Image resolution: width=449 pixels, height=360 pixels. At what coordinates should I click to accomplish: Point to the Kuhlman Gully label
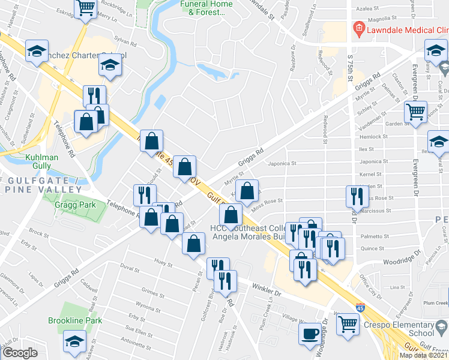tap(25, 163)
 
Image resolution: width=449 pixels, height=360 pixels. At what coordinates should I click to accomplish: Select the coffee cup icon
tap(310, 334)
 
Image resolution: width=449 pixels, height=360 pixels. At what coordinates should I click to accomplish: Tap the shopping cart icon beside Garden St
tap(415, 112)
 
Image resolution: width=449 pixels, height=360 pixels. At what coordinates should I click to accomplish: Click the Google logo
tap(20, 353)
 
